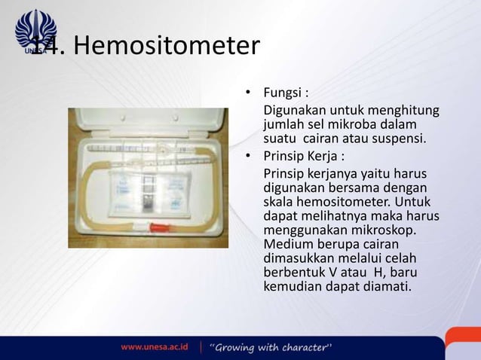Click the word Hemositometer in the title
coord(167,47)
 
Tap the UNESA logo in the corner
coord(35,31)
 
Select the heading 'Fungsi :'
coord(285,94)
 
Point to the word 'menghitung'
coord(407,111)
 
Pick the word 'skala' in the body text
coord(278,202)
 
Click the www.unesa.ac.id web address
coord(155,346)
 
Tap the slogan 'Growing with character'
coord(271,346)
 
